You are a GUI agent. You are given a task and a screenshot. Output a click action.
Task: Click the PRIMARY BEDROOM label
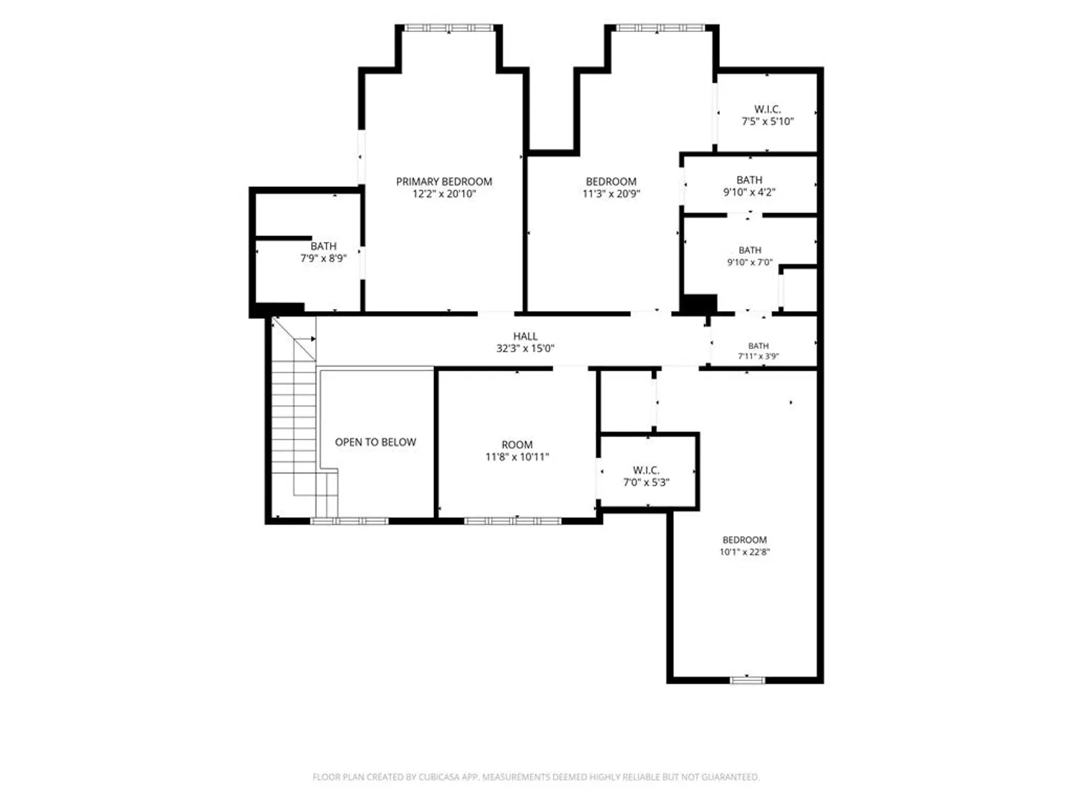pos(444,182)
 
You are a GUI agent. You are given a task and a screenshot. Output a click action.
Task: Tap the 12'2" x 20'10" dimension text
pos(444,194)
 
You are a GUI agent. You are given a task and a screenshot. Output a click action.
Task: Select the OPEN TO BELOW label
pos(375,442)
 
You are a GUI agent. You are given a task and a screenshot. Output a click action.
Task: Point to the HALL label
pos(525,336)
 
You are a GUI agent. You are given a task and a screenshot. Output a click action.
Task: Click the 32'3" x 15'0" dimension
pos(525,348)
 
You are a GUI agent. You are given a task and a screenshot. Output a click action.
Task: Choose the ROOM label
pos(517,444)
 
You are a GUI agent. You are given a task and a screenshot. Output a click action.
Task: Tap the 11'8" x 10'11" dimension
pos(517,457)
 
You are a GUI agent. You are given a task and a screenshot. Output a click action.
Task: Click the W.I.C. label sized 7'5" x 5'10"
pos(768,109)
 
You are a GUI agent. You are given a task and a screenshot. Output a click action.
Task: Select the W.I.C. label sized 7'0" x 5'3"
pos(645,470)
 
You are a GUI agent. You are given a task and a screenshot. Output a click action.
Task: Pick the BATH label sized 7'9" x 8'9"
pos(323,246)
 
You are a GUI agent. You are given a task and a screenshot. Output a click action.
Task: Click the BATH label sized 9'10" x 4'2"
pos(749,180)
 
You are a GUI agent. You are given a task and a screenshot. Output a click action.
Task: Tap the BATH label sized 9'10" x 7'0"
pos(750,250)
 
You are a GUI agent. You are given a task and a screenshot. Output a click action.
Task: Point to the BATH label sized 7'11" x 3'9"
pos(758,346)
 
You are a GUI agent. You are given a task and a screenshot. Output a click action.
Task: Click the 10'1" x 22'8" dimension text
pos(744,552)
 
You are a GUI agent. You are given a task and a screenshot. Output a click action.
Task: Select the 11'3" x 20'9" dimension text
pos(611,194)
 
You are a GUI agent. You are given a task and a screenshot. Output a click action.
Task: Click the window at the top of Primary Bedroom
pos(449,28)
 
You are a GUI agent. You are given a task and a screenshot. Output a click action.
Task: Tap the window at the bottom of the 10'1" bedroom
pos(747,680)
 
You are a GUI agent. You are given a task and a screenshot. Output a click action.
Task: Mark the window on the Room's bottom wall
pos(512,521)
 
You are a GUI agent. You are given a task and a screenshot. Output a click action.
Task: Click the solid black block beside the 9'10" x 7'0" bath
pos(699,304)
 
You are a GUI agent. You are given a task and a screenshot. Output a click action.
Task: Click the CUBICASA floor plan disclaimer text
pos(536,776)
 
